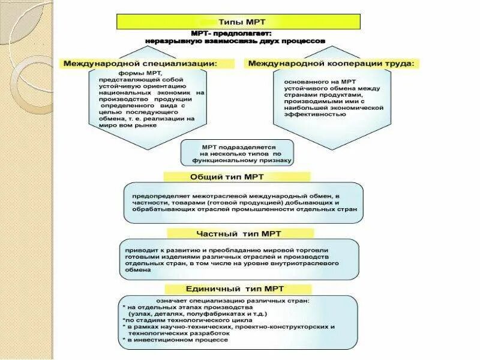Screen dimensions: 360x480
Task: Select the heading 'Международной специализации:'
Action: (x=140, y=63)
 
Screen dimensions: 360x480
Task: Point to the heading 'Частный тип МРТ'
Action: (x=238, y=233)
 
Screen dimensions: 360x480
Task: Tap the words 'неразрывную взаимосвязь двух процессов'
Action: (x=235, y=41)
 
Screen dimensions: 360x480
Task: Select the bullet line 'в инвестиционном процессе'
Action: (x=178, y=340)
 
